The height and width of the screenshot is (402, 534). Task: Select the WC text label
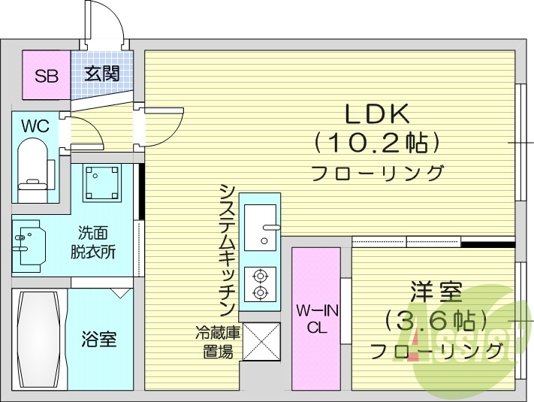pos(34,126)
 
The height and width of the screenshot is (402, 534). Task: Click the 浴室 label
pos(99,339)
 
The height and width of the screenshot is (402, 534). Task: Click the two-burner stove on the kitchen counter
pos(260,283)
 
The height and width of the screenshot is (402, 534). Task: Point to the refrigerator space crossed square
pos(259,341)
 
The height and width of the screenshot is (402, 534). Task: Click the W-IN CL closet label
pos(315,318)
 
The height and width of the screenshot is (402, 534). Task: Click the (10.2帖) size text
pos(376,141)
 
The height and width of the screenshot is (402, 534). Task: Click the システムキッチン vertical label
pos(227,248)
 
